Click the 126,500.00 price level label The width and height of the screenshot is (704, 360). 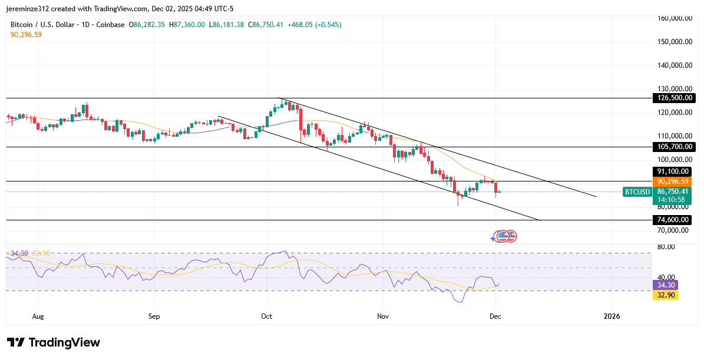point(673,98)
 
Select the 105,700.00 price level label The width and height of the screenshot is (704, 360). point(673,147)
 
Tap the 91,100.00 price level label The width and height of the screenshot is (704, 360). point(673,171)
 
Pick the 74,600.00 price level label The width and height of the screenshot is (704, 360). point(673,220)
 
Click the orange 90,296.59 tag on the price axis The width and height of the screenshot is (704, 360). point(673,181)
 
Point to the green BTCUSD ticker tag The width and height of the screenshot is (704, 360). point(637,191)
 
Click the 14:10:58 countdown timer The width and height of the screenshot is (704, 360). point(673,200)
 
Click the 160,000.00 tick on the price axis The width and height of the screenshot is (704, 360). point(674,18)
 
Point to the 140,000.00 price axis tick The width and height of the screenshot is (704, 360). point(674,65)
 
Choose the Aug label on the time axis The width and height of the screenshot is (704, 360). point(38,316)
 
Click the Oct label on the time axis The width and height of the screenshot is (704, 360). point(267,316)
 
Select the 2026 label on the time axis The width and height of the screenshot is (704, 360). point(612,316)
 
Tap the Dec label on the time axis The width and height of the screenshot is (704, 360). point(495,316)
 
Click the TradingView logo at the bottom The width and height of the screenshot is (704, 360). point(54,342)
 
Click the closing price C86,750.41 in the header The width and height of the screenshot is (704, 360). point(266,25)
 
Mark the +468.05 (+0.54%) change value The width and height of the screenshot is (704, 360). point(314,25)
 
